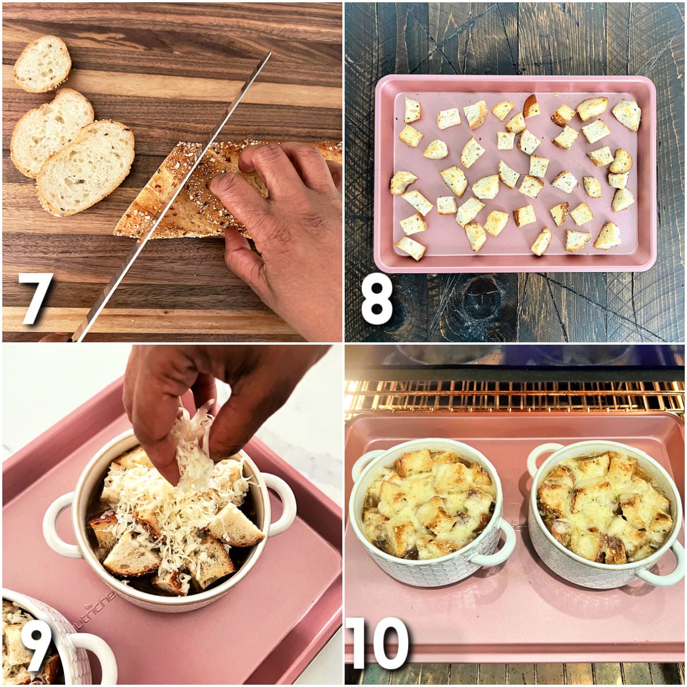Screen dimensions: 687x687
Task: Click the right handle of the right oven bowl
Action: (x=668, y=564)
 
